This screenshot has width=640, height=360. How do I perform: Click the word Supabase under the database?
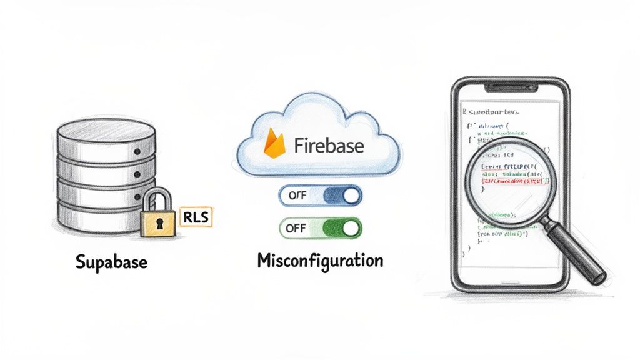click(x=111, y=261)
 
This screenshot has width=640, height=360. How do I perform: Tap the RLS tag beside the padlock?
click(x=196, y=217)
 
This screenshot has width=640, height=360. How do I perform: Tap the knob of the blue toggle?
click(x=351, y=196)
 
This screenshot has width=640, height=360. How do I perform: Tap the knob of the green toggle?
click(x=351, y=227)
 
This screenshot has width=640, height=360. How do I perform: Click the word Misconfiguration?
click(x=319, y=260)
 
